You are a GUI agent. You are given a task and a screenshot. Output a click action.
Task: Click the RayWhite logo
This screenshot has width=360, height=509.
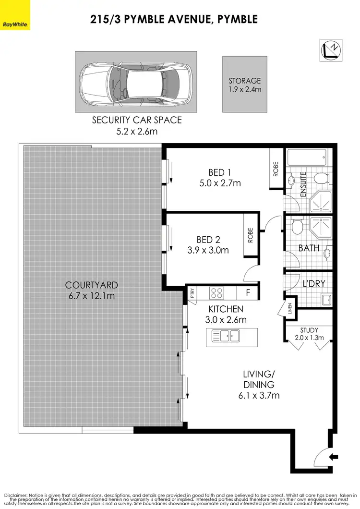15,24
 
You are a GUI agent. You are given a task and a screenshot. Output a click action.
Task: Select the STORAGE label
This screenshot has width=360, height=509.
244,81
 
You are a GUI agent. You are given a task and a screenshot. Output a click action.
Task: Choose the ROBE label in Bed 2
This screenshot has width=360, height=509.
251,235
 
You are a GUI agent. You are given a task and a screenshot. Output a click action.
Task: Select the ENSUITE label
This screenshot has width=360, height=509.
303,185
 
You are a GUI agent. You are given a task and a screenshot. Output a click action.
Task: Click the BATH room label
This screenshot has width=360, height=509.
309,248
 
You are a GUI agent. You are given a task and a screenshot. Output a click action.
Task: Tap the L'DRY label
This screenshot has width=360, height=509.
314,284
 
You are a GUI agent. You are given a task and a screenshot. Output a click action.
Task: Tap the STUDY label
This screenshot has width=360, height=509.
308,330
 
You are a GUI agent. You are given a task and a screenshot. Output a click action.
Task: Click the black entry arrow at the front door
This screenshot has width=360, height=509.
335,457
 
